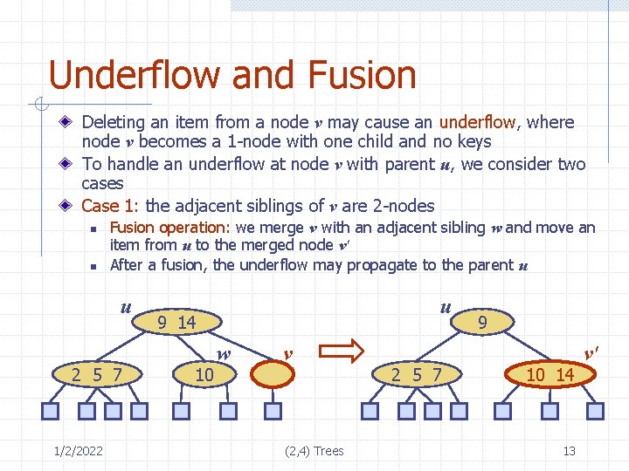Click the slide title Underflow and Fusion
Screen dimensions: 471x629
coord(232,75)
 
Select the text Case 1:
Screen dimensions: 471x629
coord(111,206)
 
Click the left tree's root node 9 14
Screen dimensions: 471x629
coord(176,323)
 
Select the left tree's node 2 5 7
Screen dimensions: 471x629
coord(96,375)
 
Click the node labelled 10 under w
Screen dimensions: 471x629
coord(204,375)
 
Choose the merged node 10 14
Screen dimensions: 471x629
coord(550,375)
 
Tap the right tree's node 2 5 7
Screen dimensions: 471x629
coord(416,375)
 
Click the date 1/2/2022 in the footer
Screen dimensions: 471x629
coord(78,451)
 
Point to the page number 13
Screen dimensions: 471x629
coord(569,451)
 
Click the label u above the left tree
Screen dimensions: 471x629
coord(126,307)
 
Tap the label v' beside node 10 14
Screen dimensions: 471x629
coord(591,352)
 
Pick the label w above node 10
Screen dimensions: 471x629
coord(224,354)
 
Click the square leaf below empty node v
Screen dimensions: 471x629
coord(273,411)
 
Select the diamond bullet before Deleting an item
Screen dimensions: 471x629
coord(68,123)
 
